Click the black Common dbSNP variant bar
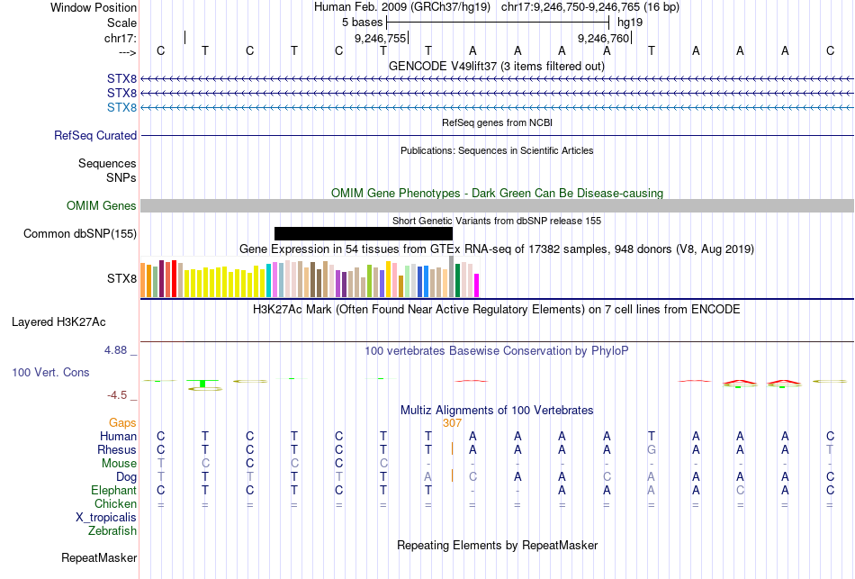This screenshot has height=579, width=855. click(363, 233)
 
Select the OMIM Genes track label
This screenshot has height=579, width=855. click(102, 206)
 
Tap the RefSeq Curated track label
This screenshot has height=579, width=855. click(95, 136)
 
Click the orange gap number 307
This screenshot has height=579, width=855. click(452, 422)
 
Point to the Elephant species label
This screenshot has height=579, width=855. click(113, 491)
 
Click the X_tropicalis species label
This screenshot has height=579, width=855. click(106, 518)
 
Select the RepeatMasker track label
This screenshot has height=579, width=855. click(99, 558)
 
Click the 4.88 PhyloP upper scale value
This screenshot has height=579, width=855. click(120, 349)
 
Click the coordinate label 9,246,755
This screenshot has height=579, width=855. click(381, 39)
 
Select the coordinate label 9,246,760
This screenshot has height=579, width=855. click(604, 39)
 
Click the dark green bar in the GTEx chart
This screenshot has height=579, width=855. click(458, 280)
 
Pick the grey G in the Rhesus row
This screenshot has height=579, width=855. click(652, 450)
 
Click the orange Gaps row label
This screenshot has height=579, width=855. click(122, 422)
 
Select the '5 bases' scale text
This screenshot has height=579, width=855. click(362, 22)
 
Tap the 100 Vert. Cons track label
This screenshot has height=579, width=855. click(50, 372)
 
